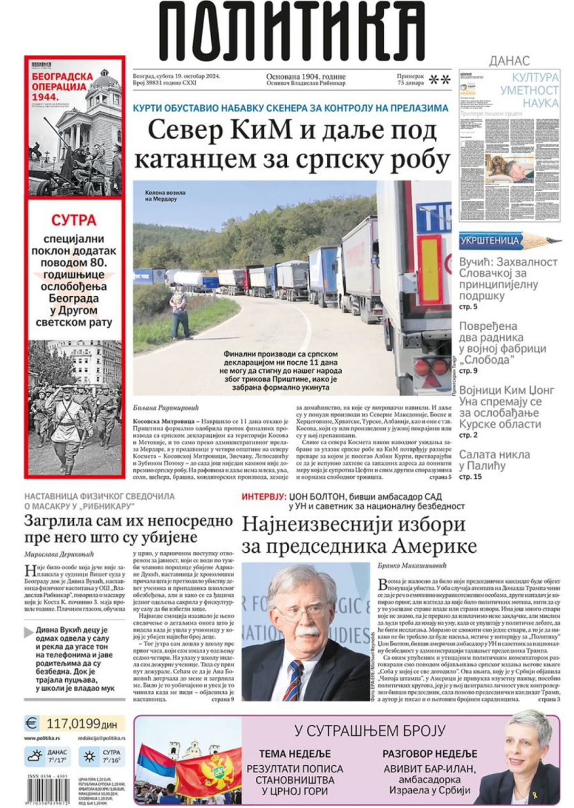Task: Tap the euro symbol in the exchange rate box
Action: pos(31,723)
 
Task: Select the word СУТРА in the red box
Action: pos(74,221)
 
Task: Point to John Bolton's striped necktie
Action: pos(294,680)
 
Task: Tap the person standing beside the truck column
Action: pos(180,311)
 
